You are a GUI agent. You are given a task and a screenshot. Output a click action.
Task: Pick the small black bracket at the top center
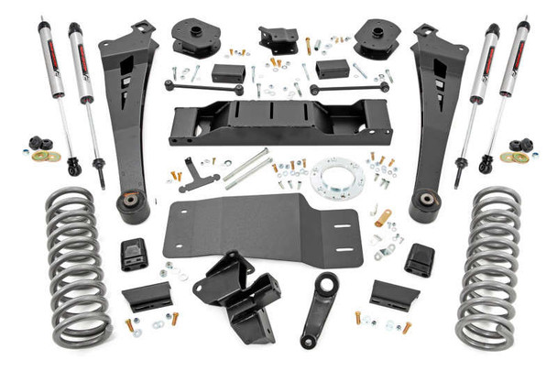tap(278, 39)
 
